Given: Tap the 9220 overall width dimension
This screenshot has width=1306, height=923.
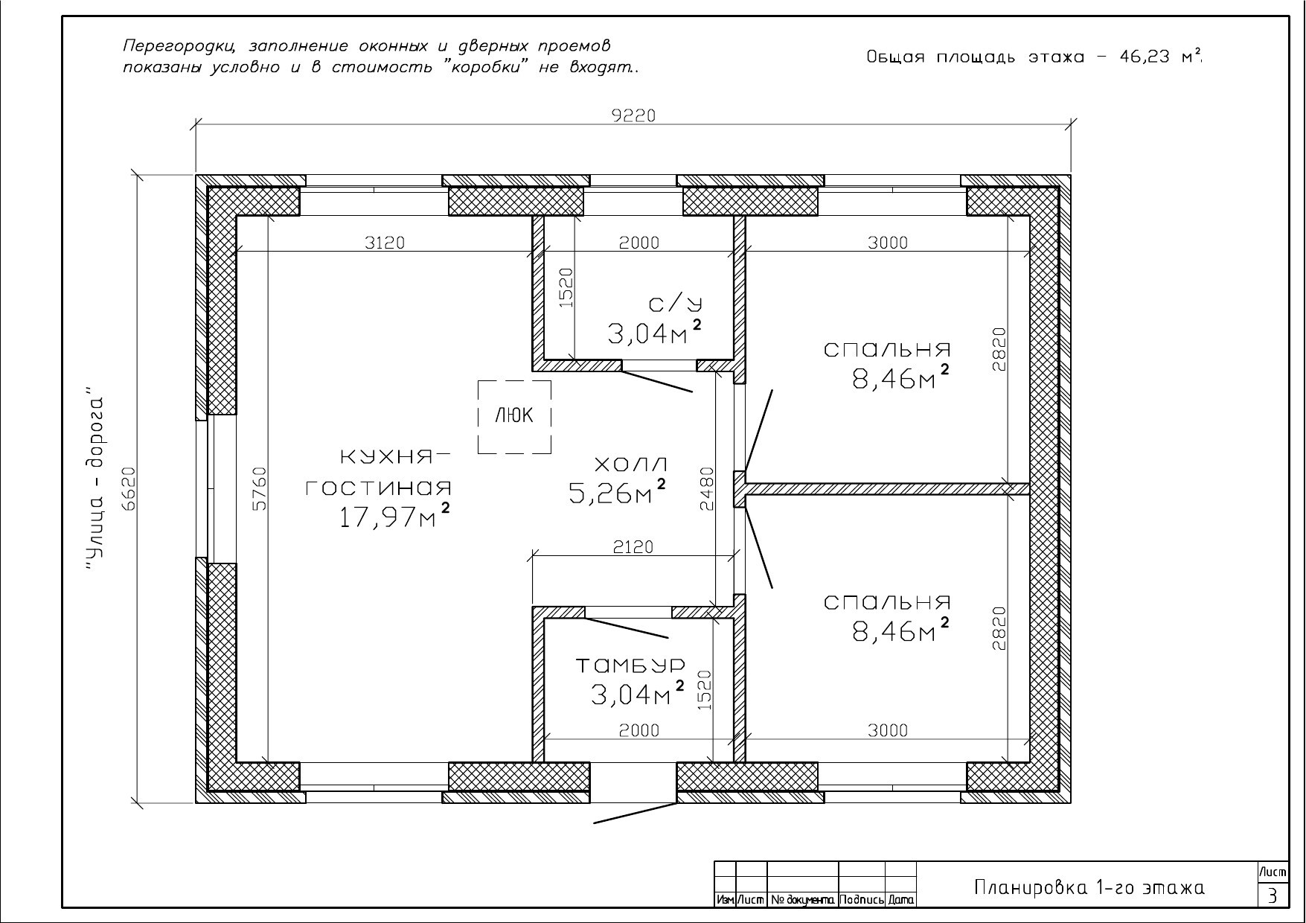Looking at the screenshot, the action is [633, 115].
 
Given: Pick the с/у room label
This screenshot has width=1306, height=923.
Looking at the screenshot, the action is [675, 304].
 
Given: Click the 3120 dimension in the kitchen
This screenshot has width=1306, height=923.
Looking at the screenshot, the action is [385, 242].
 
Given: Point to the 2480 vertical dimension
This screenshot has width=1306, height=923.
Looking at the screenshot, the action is [706, 488].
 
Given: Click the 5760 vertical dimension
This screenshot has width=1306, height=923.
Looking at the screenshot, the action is [258, 488].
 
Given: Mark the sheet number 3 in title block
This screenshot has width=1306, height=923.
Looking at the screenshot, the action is [1273, 895].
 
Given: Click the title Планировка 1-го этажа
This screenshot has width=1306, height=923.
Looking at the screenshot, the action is [1089, 887].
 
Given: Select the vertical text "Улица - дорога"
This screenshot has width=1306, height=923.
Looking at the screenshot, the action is [92, 479].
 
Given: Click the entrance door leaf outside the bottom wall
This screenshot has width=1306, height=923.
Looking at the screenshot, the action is [635, 813].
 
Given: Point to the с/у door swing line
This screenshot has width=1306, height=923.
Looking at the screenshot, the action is [657, 382].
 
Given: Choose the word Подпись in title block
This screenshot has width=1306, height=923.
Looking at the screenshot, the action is [862, 900].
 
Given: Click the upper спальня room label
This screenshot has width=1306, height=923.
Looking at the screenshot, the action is [888, 349].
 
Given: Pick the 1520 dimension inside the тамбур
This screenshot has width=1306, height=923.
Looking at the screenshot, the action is [705, 690].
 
